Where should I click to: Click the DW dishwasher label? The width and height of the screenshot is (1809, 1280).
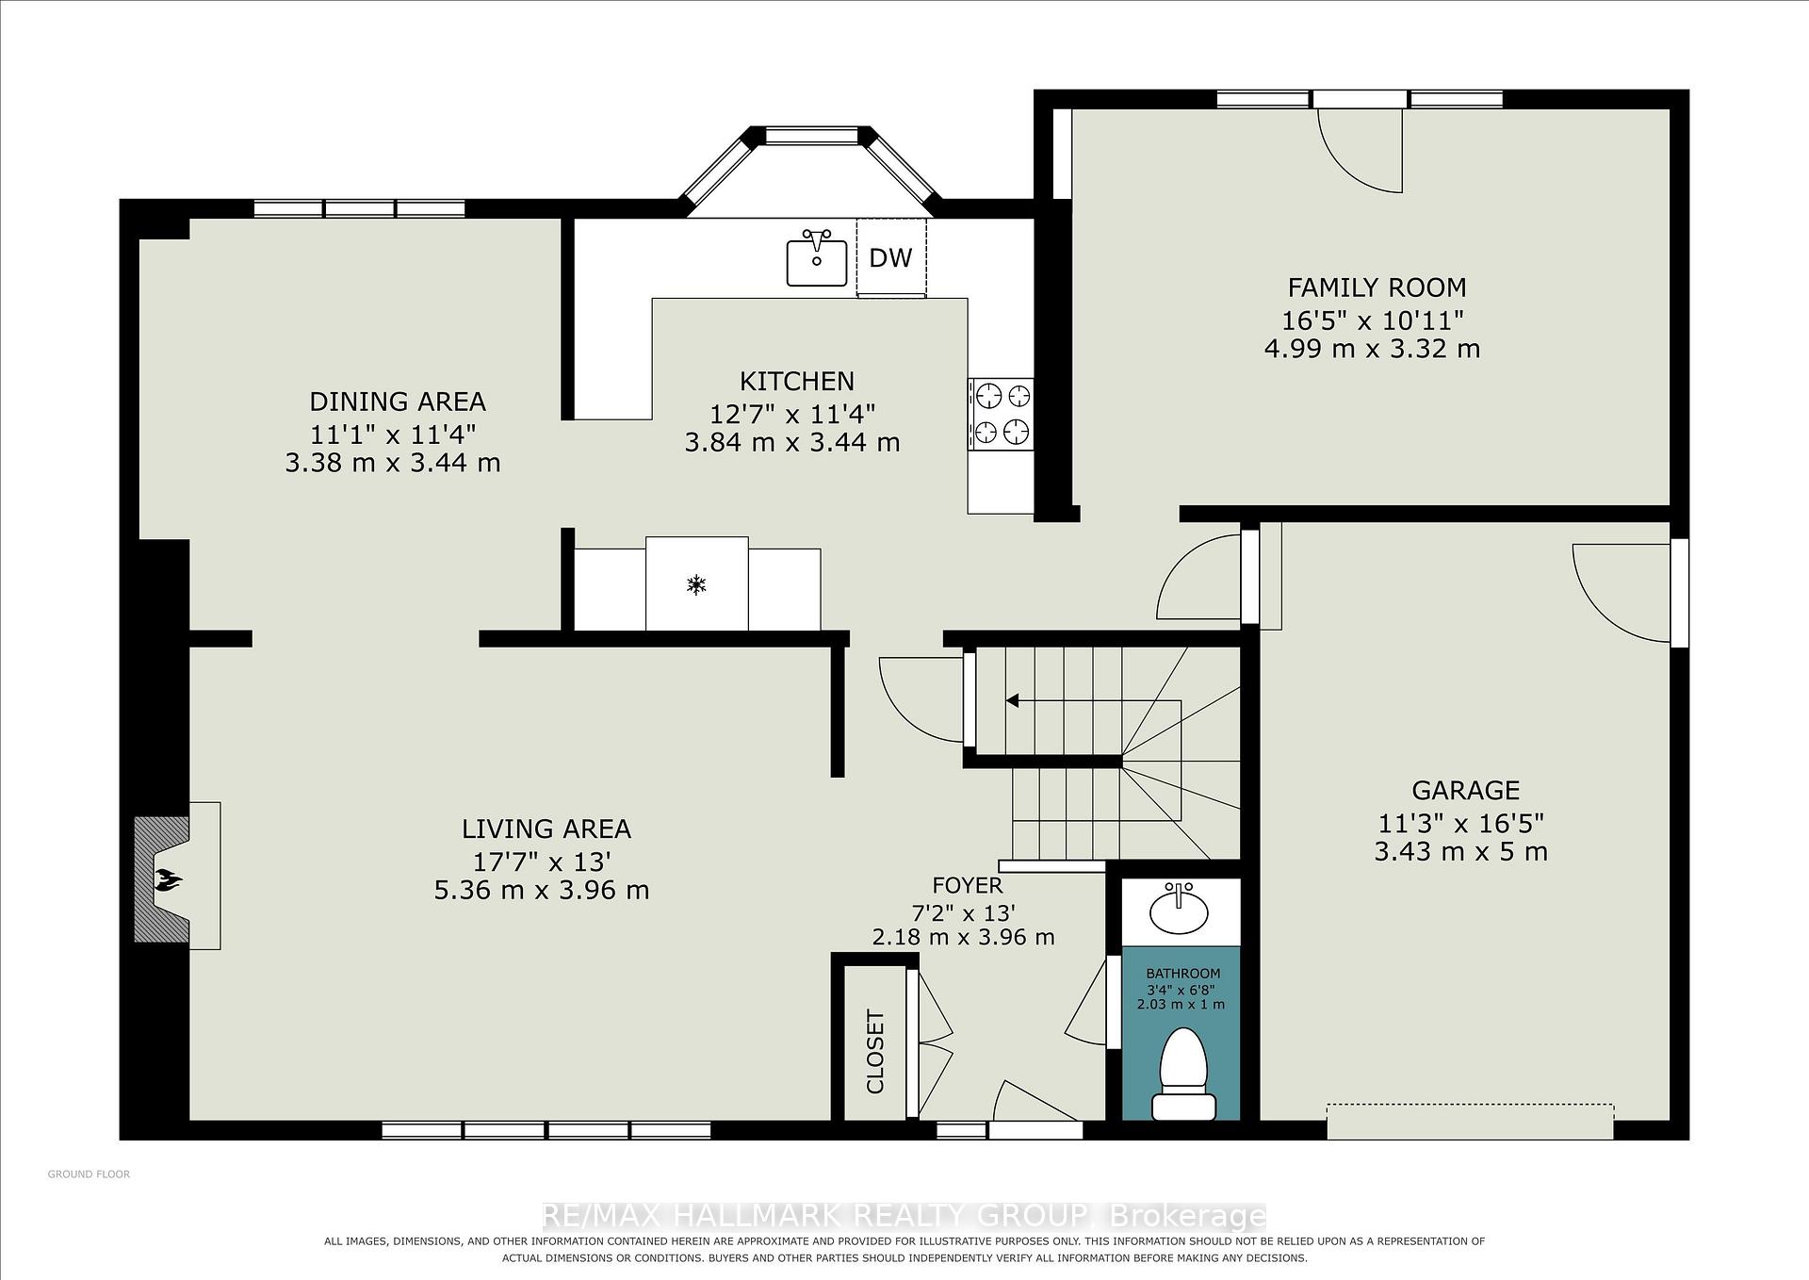(890, 257)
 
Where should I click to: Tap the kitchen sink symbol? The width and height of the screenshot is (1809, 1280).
(817, 257)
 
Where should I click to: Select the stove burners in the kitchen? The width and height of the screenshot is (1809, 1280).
(1001, 413)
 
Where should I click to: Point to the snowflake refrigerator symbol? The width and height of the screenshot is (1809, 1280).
(696, 585)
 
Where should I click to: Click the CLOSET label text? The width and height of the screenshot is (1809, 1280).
(875, 1051)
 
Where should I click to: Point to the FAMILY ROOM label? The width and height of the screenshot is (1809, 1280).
(1377, 287)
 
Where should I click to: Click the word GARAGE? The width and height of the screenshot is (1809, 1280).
(1465, 790)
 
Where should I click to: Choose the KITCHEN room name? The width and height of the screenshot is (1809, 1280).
(797, 381)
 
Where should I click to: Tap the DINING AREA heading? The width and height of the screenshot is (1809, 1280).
(398, 402)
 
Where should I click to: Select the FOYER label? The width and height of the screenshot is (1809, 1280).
(967, 886)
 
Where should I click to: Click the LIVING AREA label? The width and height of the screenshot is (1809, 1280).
(546, 829)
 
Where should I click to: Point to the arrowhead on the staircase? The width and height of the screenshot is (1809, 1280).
(1012, 700)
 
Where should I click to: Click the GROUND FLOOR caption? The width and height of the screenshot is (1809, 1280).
(89, 1174)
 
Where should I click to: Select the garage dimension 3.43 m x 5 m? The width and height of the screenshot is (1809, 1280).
(1461, 852)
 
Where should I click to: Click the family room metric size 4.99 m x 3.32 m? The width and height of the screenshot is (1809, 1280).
(1372, 349)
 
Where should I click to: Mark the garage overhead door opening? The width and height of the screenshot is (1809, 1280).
(1470, 1121)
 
